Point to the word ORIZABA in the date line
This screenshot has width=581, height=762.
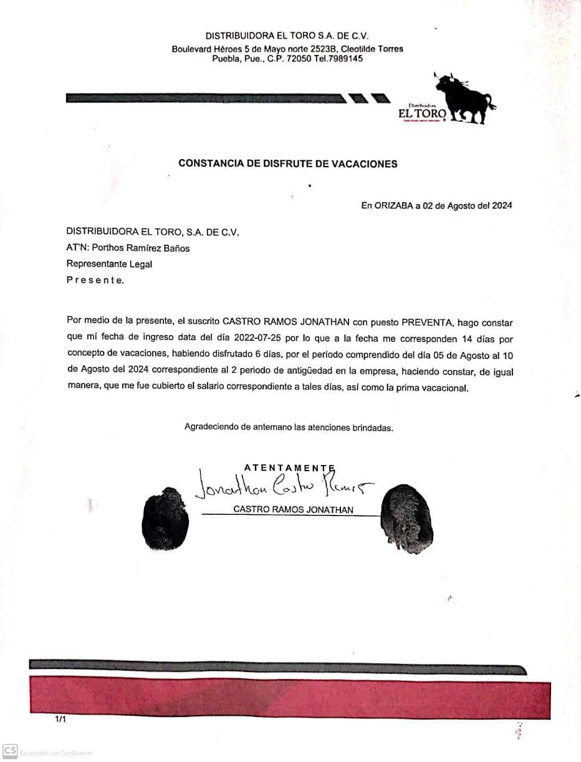coord(395,205)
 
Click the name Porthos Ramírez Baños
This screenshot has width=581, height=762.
coord(141,248)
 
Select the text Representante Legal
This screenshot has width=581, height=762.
coord(109,264)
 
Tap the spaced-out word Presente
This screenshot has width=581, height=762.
coord(95,280)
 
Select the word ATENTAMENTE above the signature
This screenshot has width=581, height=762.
coord(289,467)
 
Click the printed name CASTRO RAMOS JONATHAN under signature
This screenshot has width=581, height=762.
coord(293,509)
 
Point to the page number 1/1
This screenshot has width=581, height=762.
coord(60,720)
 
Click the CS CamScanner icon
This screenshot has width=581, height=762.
coord(9,750)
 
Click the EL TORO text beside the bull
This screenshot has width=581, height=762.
coord(422,114)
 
